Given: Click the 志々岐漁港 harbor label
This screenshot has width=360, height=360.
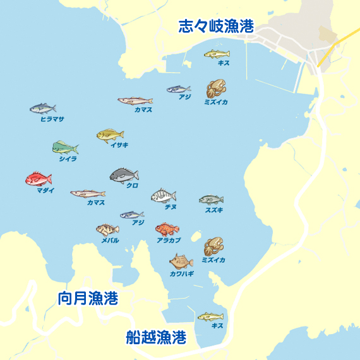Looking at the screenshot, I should [216, 26].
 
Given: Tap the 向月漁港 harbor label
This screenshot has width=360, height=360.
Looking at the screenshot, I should [88, 298].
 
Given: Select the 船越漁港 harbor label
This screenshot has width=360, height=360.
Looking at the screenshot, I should [156, 337].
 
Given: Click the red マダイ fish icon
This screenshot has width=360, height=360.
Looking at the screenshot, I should [39, 179].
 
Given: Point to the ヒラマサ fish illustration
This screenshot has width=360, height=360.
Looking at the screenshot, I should [43, 109].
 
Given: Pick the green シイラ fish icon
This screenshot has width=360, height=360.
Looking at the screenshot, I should [65, 148].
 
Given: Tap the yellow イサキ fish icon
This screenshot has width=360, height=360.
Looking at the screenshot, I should [110, 135].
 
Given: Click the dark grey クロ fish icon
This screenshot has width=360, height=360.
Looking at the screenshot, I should [124, 175].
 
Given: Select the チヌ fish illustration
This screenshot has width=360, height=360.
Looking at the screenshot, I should [164, 196].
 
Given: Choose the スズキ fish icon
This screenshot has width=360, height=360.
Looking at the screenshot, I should [211, 200].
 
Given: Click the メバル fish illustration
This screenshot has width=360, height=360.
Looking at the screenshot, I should [107, 229].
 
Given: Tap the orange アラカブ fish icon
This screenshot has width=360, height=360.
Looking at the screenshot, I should [167, 229].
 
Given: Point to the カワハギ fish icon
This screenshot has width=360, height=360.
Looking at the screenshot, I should [181, 261].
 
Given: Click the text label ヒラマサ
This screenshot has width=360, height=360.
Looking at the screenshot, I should [52, 119].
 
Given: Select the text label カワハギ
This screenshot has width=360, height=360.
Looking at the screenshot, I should [182, 274].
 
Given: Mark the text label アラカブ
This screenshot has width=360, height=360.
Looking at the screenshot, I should [169, 241].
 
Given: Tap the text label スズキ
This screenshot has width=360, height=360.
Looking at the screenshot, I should [214, 210].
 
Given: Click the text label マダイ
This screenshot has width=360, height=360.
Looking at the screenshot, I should [45, 190].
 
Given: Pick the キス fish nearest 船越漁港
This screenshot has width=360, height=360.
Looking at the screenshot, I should [210, 316].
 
